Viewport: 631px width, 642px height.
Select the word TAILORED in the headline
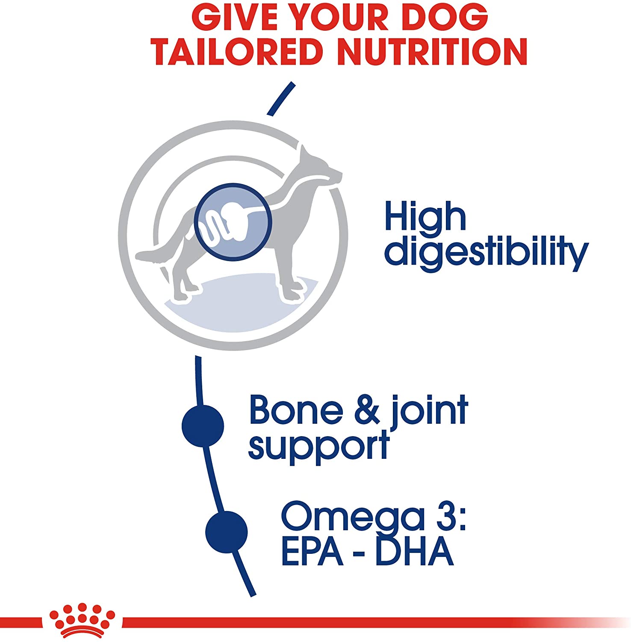click(237, 51)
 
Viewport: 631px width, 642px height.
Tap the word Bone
click(296, 410)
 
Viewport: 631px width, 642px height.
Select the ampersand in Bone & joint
click(367, 410)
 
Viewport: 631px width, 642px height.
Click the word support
click(318, 446)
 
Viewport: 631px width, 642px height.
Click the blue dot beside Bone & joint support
click(203, 426)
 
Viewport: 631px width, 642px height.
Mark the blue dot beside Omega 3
click(227, 532)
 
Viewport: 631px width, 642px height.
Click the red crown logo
click(82, 621)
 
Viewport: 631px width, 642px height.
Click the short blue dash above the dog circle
click(281, 98)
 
